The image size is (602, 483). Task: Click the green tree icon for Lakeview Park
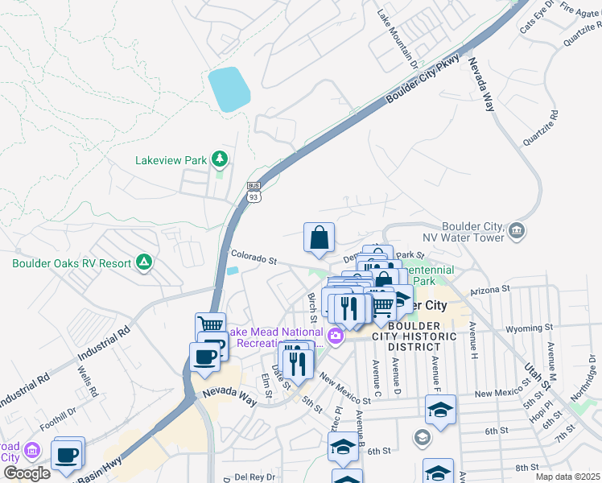click(219, 159)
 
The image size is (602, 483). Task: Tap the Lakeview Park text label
click(171, 160)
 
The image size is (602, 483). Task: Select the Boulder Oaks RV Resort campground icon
click(143, 262)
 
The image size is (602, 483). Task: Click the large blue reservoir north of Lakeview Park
click(229, 89)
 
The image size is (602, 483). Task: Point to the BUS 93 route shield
click(254, 192)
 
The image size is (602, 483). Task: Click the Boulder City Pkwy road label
click(424, 78)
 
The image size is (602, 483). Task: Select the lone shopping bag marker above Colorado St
click(320, 237)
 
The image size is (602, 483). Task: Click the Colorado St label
click(254, 260)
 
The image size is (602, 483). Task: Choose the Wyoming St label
click(529, 328)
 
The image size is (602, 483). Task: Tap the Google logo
click(27, 473)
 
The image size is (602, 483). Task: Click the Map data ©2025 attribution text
click(567, 477)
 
